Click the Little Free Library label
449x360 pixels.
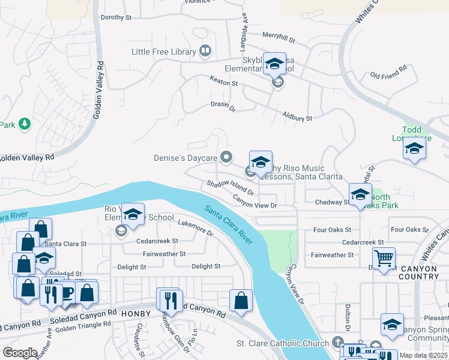pyautogui.click(x=163, y=52)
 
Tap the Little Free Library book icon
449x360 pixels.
pyautogui.click(x=205, y=51)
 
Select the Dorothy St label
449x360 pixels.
pyautogui.click(x=116, y=17)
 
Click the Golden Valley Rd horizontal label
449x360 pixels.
pyautogui.click(x=26, y=157)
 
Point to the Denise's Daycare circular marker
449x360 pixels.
pyautogui.click(x=226, y=157)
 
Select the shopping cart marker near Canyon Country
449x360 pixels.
pyautogui.click(x=384, y=259)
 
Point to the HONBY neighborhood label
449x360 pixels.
pyautogui.click(x=140, y=314)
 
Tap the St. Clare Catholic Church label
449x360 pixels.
pyautogui.click(x=280, y=343)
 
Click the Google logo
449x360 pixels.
pyautogui.click(x=20, y=352)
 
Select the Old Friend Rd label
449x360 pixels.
pyautogui.click(x=388, y=76)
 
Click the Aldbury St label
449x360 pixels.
pyautogui.click(x=297, y=118)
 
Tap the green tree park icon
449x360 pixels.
pyautogui.click(x=25, y=124)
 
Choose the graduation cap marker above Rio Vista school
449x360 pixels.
pyautogui.click(x=133, y=214)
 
